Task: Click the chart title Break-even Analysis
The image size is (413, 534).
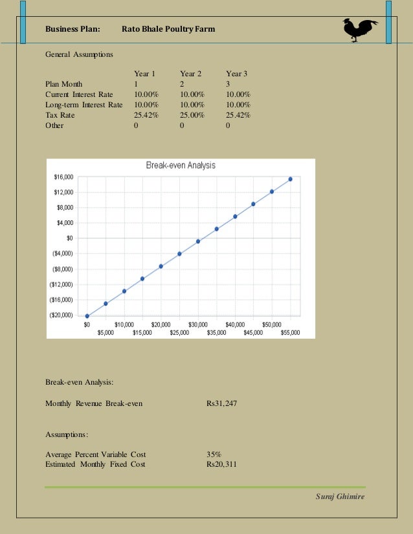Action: click(x=181, y=166)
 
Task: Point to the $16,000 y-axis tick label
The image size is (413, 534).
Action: click(x=63, y=176)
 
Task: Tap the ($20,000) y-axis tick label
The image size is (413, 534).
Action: click(x=62, y=315)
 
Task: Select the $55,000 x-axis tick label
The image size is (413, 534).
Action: click(x=290, y=332)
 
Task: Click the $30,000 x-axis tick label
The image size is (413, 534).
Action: click(x=197, y=324)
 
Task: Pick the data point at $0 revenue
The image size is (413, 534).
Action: click(x=87, y=316)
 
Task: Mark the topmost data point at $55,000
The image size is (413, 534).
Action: click(x=290, y=179)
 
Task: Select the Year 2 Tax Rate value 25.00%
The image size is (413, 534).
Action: click(x=192, y=115)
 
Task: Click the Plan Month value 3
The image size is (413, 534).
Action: click(x=228, y=84)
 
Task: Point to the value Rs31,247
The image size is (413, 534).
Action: click(x=221, y=403)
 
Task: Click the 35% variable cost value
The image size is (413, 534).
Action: click(x=214, y=454)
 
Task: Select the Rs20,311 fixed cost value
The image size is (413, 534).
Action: click(x=221, y=464)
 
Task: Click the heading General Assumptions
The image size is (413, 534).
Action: click(x=79, y=55)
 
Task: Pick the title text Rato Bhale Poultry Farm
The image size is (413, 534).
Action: click(x=168, y=29)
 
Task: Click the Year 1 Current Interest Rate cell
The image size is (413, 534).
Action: click(x=146, y=94)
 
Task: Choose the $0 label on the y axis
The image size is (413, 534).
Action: click(x=71, y=238)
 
